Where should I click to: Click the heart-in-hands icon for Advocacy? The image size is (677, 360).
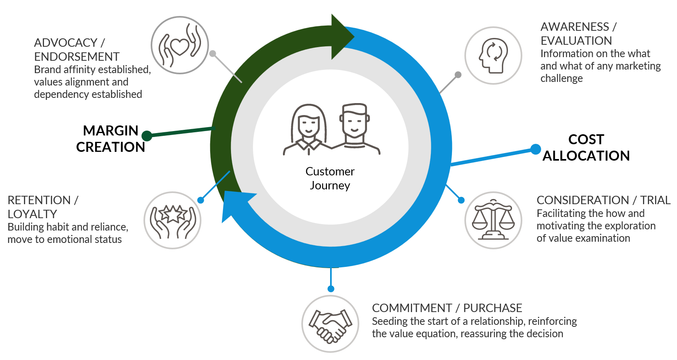180,45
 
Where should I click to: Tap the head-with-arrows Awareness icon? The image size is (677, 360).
493,56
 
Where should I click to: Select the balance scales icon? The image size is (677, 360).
493,220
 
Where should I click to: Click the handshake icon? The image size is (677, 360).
330,324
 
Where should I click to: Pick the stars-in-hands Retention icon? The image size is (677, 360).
173,221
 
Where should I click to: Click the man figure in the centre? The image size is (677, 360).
354,127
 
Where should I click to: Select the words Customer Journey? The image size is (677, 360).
330,178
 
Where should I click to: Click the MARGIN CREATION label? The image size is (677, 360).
110,139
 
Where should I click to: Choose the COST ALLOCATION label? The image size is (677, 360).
586,147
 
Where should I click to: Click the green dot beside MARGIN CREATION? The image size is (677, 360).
147,136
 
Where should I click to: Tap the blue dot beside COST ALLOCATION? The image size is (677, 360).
536,149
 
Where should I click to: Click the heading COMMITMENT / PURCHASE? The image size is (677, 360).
447,308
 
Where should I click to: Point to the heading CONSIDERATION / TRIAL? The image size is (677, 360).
603,200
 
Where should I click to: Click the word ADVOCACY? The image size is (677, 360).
66,42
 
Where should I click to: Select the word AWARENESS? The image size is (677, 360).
575,27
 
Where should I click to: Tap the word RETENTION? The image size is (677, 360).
39,200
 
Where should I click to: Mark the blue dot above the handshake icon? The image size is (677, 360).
331,289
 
